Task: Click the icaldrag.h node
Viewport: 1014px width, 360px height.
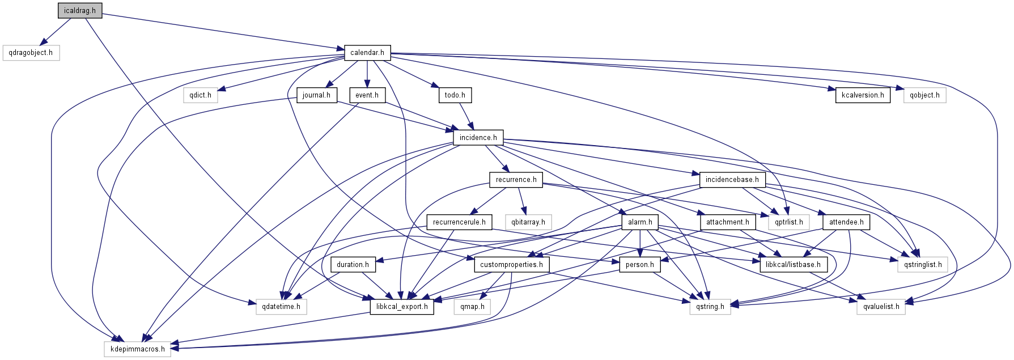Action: [80, 11]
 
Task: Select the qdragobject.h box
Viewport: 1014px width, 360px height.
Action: [31, 53]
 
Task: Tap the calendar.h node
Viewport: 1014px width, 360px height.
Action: [367, 53]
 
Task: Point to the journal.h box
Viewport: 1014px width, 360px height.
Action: [316, 95]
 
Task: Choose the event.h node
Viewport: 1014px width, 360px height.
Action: [367, 95]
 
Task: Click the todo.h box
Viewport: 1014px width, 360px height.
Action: [455, 95]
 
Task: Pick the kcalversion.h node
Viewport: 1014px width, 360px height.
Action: [863, 95]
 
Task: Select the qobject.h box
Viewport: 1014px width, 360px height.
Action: [924, 95]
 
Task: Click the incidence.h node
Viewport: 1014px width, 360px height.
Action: [478, 138]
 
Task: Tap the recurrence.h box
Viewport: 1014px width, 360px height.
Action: [516, 180]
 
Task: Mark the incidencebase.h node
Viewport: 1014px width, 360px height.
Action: [732, 180]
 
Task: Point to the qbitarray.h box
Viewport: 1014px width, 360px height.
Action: [528, 222]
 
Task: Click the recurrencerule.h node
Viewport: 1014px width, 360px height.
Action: [459, 222]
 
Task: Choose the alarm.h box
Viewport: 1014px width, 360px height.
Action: [640, 222]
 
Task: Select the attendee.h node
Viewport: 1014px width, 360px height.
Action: [846, 222]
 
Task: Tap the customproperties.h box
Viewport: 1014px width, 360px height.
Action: [511, 265]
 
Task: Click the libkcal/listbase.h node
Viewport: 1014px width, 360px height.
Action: [792, 265]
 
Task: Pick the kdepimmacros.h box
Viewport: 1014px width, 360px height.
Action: [138, 349]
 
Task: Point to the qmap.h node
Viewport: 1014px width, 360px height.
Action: [472, 307]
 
